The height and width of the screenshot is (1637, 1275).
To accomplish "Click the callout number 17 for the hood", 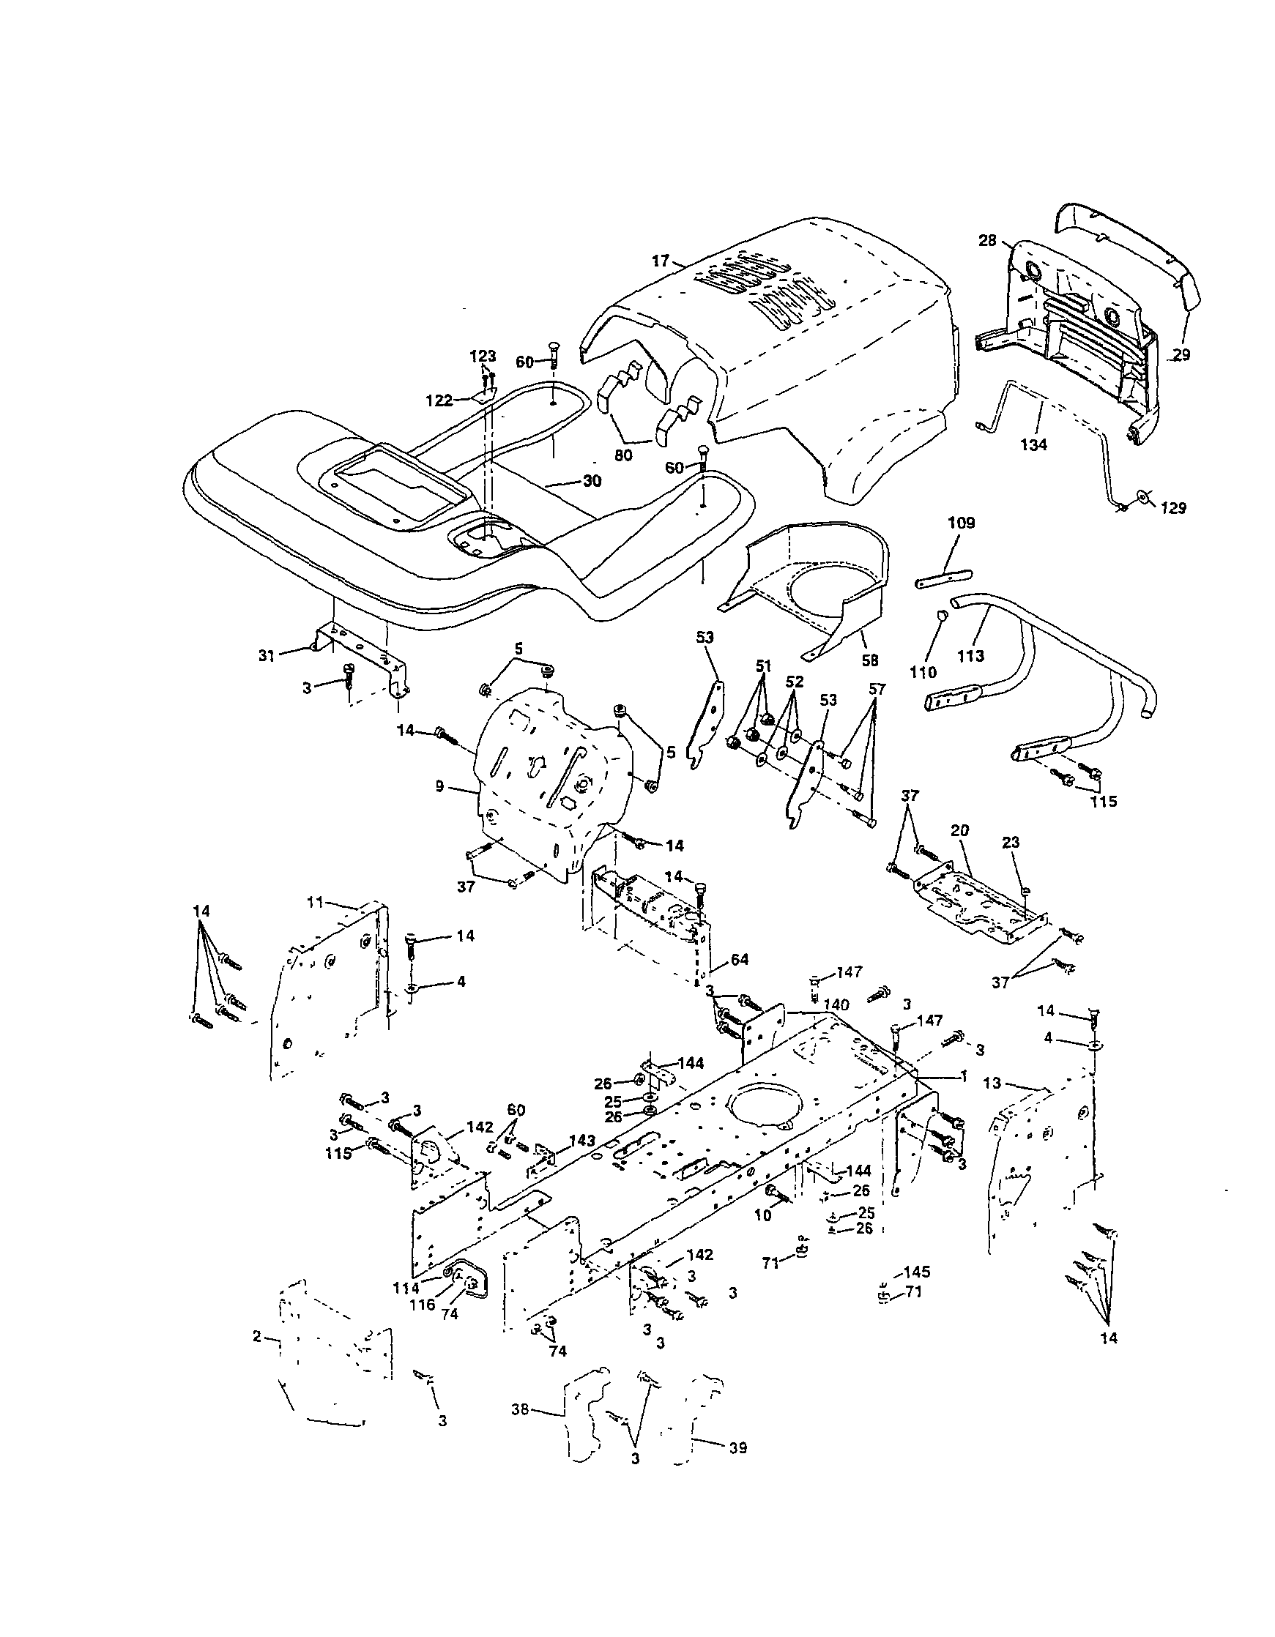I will point(660,261).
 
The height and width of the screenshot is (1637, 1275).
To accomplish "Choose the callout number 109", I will point(961,523).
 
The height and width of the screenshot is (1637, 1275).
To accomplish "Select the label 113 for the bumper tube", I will point(971,656).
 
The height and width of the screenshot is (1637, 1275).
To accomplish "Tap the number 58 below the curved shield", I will point(869,660).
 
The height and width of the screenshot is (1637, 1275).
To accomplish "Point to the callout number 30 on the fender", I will point(592,481).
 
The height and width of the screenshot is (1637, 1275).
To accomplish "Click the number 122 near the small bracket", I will point(439,400).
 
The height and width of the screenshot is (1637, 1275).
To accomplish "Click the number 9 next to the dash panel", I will point(440,786).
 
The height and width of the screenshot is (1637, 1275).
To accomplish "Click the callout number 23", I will point(1011,843).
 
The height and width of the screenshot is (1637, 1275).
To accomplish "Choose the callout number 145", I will point(917,1272).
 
